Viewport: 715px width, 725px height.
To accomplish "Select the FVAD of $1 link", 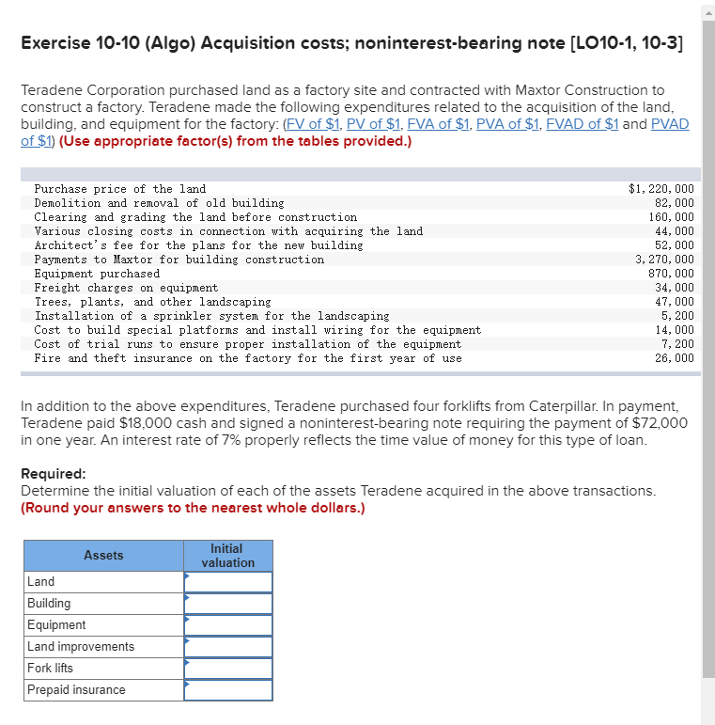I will click(584, 124).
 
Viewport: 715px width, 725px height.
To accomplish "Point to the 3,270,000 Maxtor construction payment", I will click(664, 260).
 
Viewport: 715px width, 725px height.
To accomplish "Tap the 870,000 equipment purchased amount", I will click(671, 274).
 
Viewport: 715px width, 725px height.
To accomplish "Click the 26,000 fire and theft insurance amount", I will click(675, 358).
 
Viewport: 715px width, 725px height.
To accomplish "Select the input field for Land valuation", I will click(228, 582).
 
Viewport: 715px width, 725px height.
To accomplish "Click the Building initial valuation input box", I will click(228, 604).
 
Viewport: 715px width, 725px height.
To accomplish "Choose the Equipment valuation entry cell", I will click(228, 625).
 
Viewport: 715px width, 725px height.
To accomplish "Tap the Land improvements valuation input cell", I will click(228, 647).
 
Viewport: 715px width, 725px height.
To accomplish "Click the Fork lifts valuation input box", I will click(228, 669).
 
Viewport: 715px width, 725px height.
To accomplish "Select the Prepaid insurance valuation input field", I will click(228, 690).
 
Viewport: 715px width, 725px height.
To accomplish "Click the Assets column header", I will click(103, 556).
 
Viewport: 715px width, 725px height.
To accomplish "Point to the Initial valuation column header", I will click(227, 556).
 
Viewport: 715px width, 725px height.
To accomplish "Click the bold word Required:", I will click(54, 474).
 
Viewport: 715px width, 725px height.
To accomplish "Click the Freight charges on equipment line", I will click(126, 288).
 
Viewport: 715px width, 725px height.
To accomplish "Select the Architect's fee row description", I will click(198, 245).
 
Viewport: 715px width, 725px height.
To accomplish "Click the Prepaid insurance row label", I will click(76, 690).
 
